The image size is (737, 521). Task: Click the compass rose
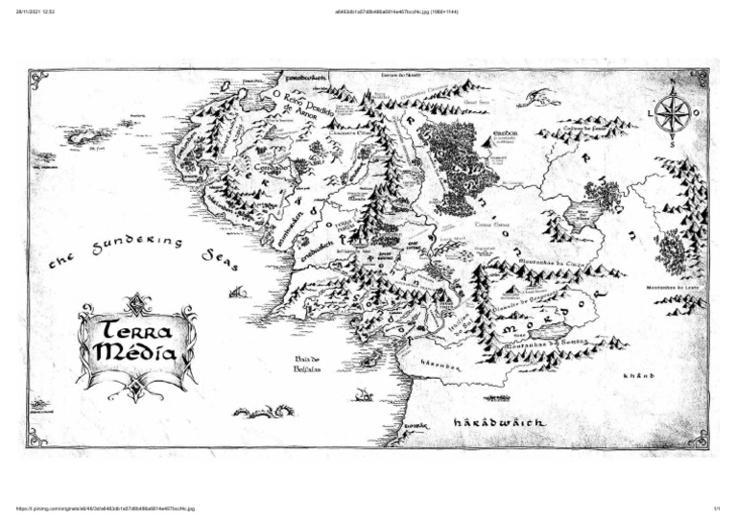pos(672,114)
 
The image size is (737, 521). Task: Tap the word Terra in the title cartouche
pos(136,329)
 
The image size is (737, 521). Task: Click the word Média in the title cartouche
pos(136,354)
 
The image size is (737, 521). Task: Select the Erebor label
pos(506,133)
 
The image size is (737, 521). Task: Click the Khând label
pos(638,375)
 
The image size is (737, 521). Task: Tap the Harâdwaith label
pos(499,422)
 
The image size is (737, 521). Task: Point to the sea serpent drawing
pos(264,413)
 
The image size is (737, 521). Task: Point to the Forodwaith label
pos(306,77)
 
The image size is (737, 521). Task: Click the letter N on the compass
pos(672,91)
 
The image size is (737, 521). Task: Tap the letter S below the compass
pos(672,145)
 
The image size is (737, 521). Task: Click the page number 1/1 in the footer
pos(716,509)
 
